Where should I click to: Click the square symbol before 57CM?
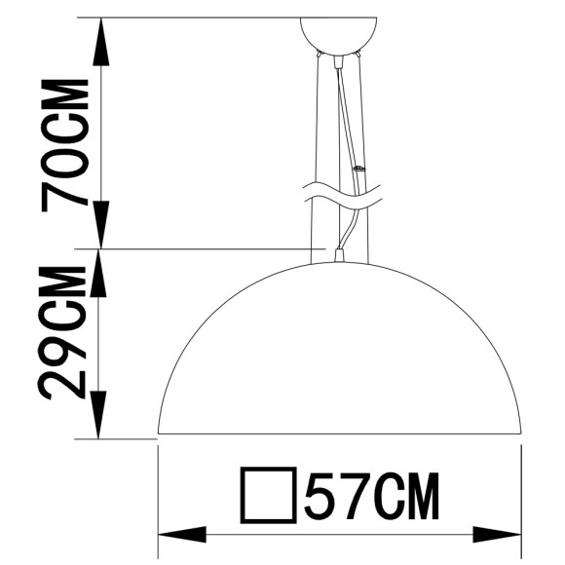pyautogui.click(x=268, y=496)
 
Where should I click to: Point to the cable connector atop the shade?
pyautogui.click(x=338, y=257)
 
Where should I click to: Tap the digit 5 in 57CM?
pyautogui.click(x=321, y=496)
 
